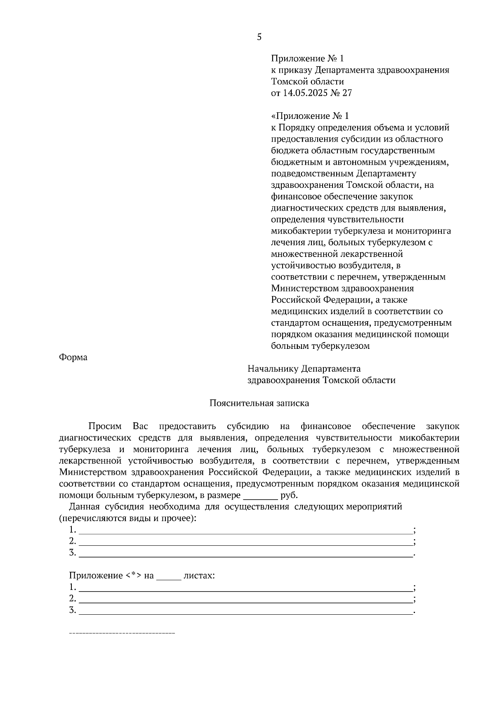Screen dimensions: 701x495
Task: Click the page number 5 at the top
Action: click(259, 37)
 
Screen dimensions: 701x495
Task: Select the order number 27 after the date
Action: click(347, 93)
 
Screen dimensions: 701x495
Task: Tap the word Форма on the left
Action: click(73, 357)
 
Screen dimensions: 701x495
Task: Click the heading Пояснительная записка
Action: click(259, 403)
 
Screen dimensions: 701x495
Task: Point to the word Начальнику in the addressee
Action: click(272, 368)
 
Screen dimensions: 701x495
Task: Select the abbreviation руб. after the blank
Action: click(289, 495)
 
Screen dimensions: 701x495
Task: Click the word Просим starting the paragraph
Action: click(105, 426)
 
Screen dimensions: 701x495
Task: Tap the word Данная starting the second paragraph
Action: click(83, 507)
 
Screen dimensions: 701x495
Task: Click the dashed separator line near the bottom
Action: click(122, 633)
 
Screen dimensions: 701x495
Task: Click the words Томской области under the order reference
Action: click(307, 81)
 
